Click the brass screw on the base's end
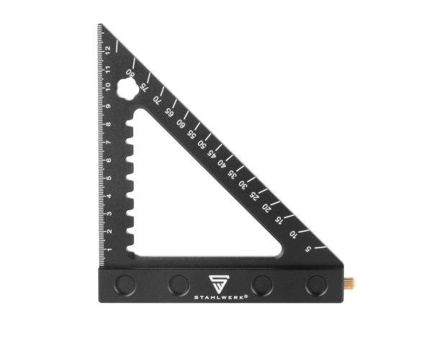tap(348, 282)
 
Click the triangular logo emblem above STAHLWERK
tap(217, 284)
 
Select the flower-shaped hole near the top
tap(127, 88)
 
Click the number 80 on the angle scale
tap(130, 73)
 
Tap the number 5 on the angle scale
tap(307, 249)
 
